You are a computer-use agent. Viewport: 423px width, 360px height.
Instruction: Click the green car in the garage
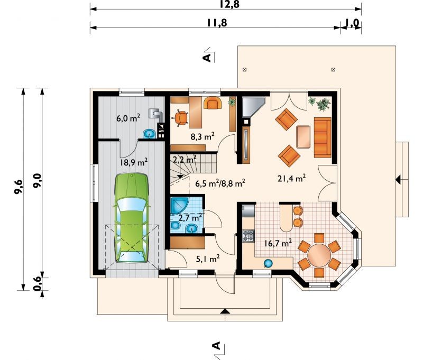pyautogui.click(x=132, y=218)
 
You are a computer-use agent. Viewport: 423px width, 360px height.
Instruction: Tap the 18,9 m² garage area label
pyautogui.click(x=134, y=162)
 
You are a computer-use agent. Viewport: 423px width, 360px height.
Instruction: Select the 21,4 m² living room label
pyautogui.click(x=292, y=178)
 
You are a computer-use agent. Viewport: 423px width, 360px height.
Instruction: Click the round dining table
pyautogui.click(x=319, y=255)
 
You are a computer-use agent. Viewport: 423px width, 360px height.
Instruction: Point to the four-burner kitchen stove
pyautogui.click(x=248, y=235)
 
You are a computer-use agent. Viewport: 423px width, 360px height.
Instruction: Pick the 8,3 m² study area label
pyautogui.click(x=203, y=136)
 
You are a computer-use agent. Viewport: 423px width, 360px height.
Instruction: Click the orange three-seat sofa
pyautogui.click(x=323, y=137)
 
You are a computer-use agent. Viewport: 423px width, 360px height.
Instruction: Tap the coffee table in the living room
pyautogui.click(x=304, y=137)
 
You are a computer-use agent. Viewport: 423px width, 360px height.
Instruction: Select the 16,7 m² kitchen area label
pyautogui.click(x=278, y=244)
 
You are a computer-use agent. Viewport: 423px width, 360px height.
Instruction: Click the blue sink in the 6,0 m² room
pyautogui.click(x=149, y=134)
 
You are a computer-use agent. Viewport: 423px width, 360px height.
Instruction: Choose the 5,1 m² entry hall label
pyautogui.click(x=207, y=259)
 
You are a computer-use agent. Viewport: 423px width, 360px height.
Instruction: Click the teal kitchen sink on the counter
pyautogui.click(x=268, y=263)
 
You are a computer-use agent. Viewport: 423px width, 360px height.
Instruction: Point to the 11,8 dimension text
pyautogui.click(x=217, y=23)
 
